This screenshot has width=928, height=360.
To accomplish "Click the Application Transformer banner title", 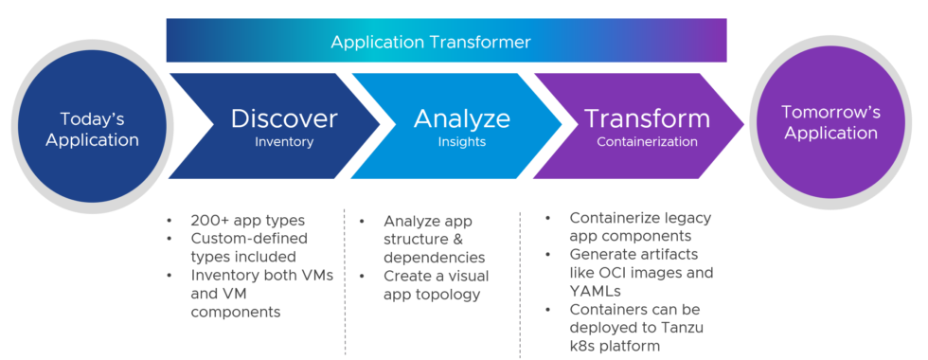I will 430,42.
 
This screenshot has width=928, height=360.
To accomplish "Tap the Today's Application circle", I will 92,130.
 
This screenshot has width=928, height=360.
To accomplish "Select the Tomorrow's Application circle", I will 830,122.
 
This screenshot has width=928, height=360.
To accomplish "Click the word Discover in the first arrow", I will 284,118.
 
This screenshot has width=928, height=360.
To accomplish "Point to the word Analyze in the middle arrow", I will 461,118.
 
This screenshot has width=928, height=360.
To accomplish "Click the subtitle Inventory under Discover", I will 284,142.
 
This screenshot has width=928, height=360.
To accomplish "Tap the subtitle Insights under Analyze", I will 461,142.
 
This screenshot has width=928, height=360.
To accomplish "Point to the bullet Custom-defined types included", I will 249,247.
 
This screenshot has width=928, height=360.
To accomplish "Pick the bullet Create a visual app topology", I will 432,284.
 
